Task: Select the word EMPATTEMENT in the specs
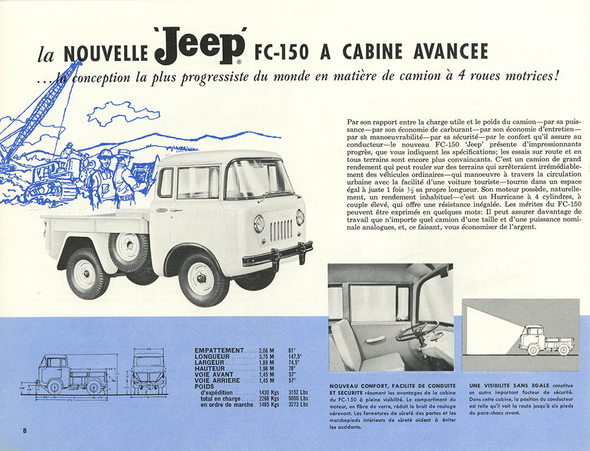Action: pyautogui.click(x=218, y=351)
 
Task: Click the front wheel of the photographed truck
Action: pyautogui.click(x=201, y=279)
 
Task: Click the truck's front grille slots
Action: pyautogui.click(x=281, y=229)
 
